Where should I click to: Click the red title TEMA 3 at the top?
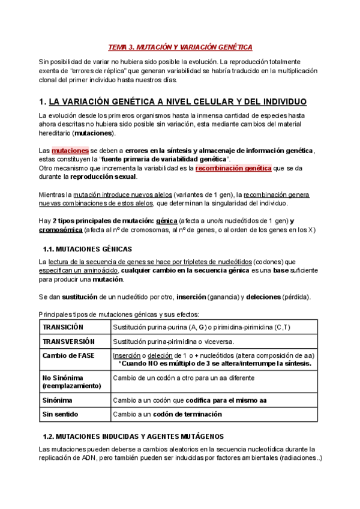pyautogui.click(x=179, y=47)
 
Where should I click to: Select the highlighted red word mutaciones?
pyautogui.click(x=70, y=149)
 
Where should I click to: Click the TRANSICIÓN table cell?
pyautogui.click(x=63, y=327)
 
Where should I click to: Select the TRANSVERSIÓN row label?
pyautogui.click(x=69, y=341)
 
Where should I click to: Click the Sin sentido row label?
pyautogui.click(x=61, y=414)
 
